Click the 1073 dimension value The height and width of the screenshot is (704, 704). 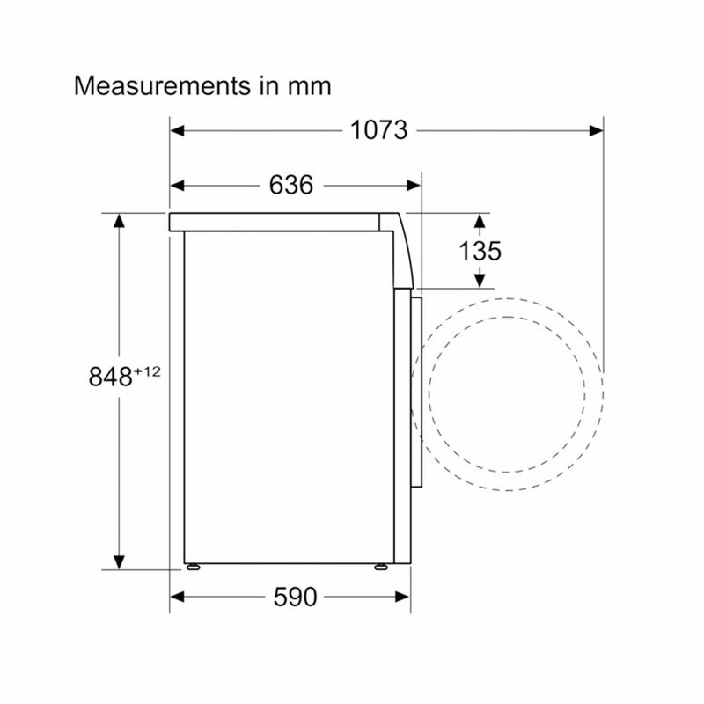click(378, 130)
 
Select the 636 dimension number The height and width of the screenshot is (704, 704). click(291, 185)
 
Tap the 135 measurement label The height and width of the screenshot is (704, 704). click(480, 251)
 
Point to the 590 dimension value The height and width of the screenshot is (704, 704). click(295, 597)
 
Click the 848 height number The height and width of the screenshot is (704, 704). click(111, 377)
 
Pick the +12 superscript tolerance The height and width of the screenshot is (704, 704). click(147, 371)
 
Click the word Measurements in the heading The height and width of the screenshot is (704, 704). click(162, 85)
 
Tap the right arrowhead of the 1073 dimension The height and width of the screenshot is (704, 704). click(597, 130)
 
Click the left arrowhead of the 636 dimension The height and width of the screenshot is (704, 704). click(177, 185)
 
